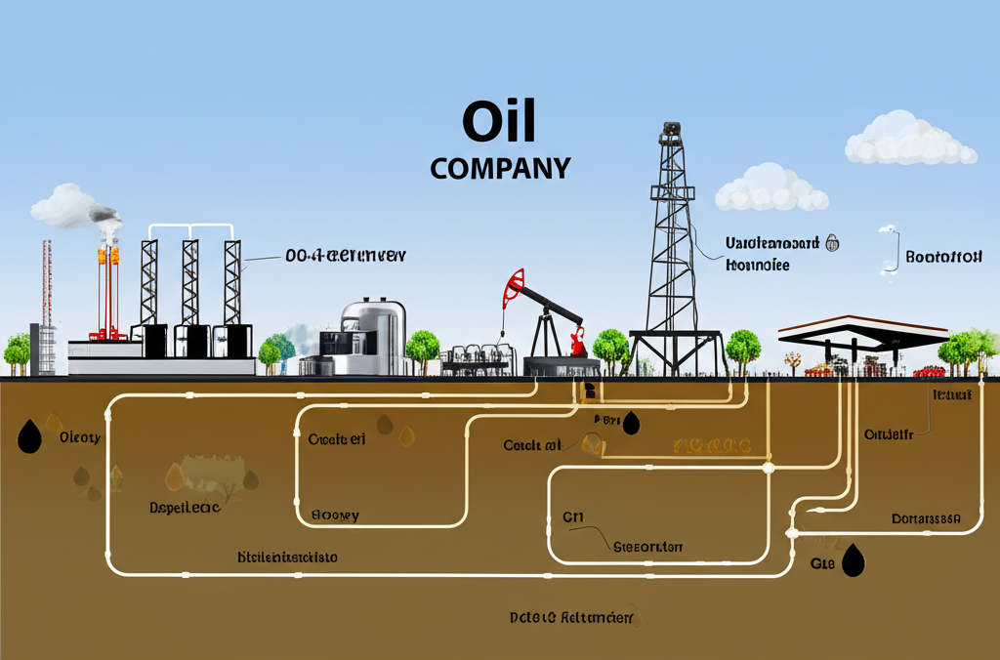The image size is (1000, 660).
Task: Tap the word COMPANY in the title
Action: pos(499,168)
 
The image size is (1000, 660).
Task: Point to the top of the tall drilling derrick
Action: pos(670,131)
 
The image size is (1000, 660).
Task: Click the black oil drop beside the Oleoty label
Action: pos(30,436)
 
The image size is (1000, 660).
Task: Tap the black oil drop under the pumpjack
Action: pos(631,422)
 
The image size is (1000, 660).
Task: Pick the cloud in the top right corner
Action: pos(908,140)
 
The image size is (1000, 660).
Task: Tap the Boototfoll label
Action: pos(942,258)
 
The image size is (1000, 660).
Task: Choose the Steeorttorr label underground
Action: pos(646,547)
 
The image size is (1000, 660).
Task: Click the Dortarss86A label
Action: pos(927,518)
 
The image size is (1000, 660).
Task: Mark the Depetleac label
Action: pos(185,508)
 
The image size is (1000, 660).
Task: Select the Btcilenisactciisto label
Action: pos(287,557)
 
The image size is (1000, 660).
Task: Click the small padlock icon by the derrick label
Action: pos(833,242)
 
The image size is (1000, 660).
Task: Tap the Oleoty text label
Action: pos(80,437)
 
